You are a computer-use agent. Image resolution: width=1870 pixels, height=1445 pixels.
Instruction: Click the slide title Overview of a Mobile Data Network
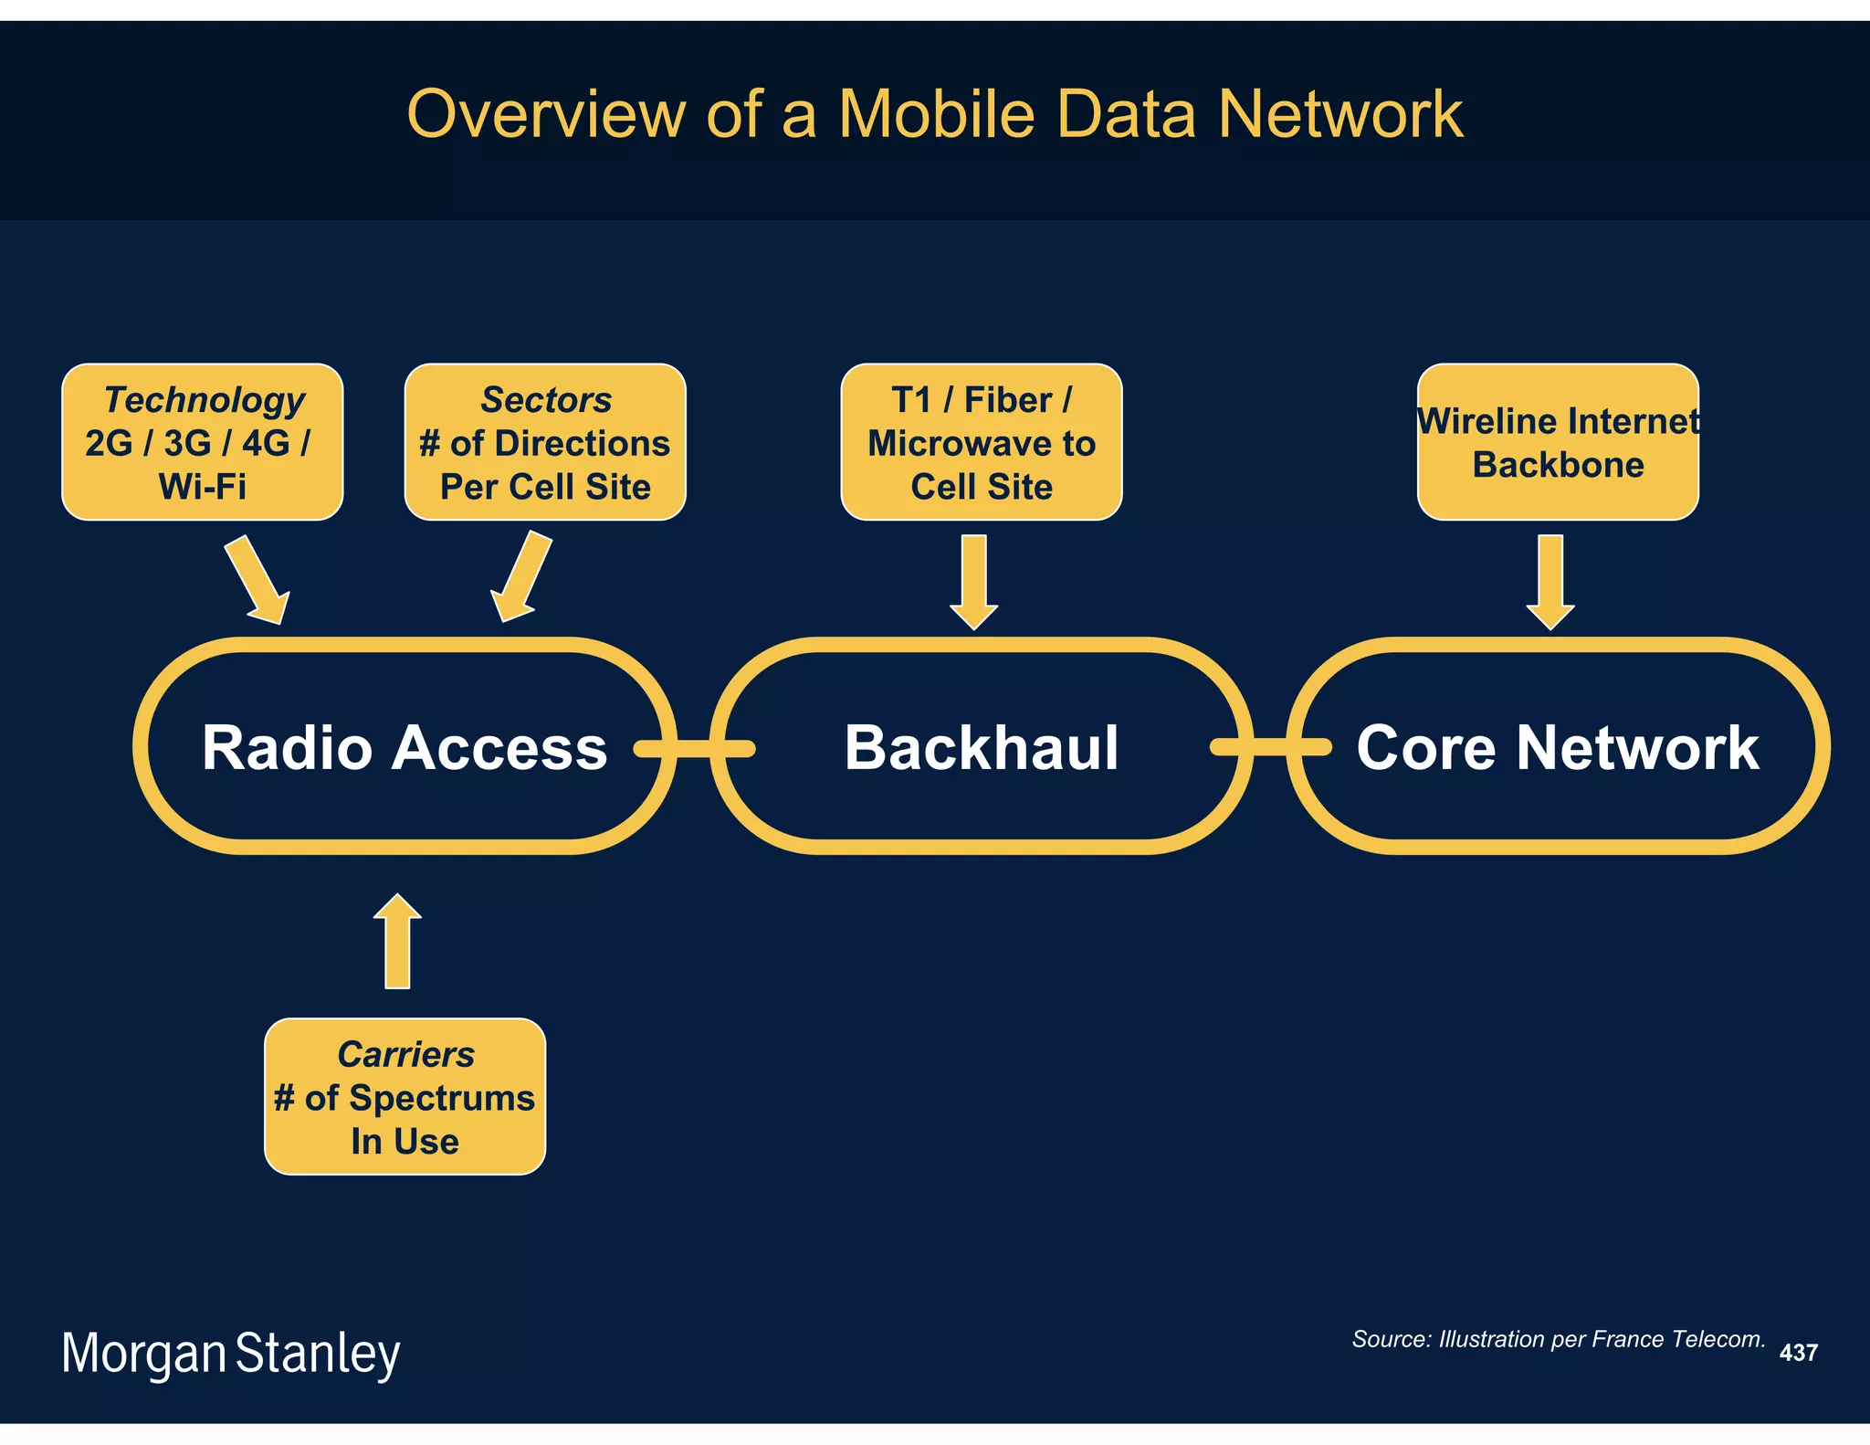pyautogui.click(x=934, y=114)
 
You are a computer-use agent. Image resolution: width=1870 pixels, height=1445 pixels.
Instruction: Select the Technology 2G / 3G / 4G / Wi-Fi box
pyautogui.click(x=202, y=442)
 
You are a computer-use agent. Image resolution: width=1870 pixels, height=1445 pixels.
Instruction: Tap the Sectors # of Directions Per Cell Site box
pyautogui.click(x=545, y=442)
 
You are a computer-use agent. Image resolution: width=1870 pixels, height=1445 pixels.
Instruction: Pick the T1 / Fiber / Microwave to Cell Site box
pyautogui.click(x=981, y=442)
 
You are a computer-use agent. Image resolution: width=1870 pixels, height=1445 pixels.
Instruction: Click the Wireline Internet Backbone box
pyautogui.click(x=1558, y=442)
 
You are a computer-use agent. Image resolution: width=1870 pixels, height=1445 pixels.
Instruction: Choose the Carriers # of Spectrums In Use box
pyautogui.click(x=404, y=1096)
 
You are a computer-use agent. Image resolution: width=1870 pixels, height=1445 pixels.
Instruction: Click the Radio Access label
pyautogui.click(x=404, y=747)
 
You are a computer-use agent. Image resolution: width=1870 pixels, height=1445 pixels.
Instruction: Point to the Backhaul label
pyautogui.click(x=981, y=747)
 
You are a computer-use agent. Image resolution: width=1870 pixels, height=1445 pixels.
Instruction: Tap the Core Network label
pyautogui.click(x=1557, y=747)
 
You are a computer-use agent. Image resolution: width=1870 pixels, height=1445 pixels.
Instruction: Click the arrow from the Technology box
pyautogui.click(x=258, y=580)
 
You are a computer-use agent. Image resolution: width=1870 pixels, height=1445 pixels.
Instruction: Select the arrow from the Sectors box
pyautogui.click(x=520, y=579)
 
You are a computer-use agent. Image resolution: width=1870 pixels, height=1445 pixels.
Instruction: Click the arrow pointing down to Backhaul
pyautogui.click(x=973, y=581)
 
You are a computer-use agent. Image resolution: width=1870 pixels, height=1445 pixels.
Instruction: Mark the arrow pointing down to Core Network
pyautogui.click(x=1550, y=581)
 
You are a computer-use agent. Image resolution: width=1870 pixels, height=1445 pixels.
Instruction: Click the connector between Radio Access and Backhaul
pyautogui.click(x=694, y=749)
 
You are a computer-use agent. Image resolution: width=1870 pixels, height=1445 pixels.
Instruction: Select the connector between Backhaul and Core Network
pyautogui.click(x=1270, y=747)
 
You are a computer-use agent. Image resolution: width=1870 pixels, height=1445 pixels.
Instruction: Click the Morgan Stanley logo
pyautogui.click(x=230, y=1353)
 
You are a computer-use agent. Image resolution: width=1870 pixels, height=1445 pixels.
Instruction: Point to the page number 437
pyautogui.click(x=1798, y=1353)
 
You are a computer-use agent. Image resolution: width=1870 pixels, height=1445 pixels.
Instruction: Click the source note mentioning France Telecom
pyautogui.click(x=1558, y=1339)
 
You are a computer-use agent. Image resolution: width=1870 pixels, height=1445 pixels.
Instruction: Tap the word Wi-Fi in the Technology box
pyautogui.click(x=202, y=487)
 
